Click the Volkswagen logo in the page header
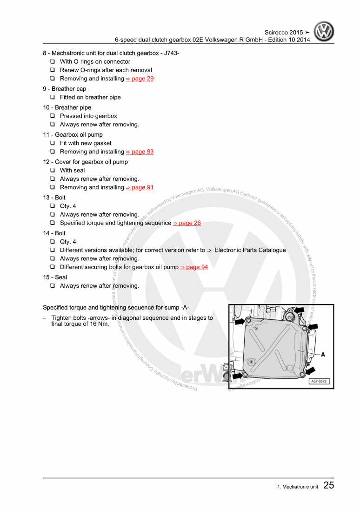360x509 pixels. (324, 33)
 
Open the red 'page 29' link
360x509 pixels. (140, 79)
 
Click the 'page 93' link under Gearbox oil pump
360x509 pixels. (140, 152)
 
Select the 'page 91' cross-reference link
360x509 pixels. (140, 187)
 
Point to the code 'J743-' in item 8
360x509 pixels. (170, 53)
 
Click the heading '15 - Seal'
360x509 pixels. (55, 277)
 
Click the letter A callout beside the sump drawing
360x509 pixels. (323, 354)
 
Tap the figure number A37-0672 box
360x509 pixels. (319, 381)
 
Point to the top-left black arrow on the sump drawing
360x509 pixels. (240, 321)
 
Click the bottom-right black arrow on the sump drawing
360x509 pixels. (310, 371)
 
